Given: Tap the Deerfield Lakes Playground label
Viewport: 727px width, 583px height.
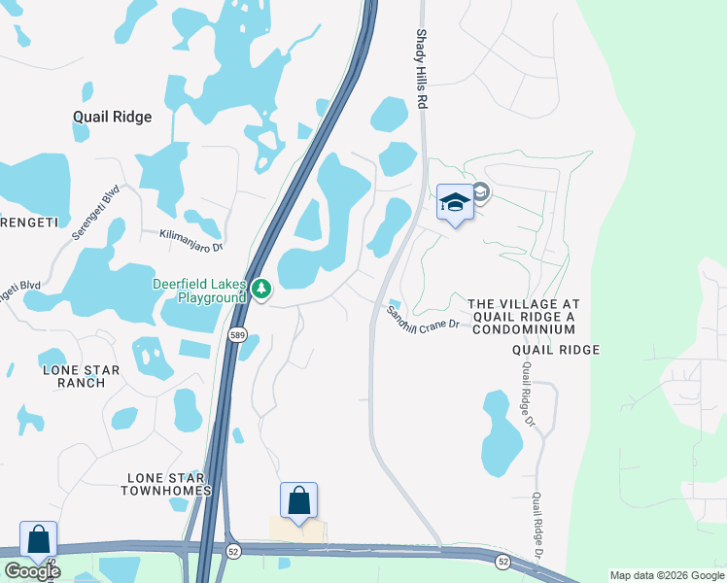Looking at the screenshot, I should click(x=199, y=291).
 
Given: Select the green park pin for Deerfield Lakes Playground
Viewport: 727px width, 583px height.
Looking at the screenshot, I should click(x=260, y=289).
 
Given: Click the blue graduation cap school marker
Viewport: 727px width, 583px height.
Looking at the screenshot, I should click(x=454, y=203).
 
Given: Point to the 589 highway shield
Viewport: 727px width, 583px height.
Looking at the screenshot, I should click(x=237, y=334).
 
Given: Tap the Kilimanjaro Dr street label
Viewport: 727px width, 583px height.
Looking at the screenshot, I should click(x=191, y=235).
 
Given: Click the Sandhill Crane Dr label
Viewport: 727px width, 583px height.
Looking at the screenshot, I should click(x=423, y=319).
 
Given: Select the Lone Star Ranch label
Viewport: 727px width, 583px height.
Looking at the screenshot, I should click(x=81, y=376).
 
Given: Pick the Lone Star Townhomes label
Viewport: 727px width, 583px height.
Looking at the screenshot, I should click(x=166, y=484).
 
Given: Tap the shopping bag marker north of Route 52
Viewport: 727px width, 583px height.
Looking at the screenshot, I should click(x=298, y=501).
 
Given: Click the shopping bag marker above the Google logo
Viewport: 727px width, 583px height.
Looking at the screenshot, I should click(x=38, y=539).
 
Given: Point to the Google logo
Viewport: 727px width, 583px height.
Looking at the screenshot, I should click(x=31, y=571).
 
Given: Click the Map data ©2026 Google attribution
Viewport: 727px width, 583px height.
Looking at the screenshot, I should click(x=667, y=575).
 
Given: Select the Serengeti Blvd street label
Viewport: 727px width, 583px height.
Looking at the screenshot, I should click(x=94, y=213).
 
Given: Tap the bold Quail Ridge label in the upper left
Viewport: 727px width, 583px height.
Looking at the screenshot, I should click(x=113, y=117).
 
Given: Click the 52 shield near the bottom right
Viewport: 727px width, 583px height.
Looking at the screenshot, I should click(x=502, y=562).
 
